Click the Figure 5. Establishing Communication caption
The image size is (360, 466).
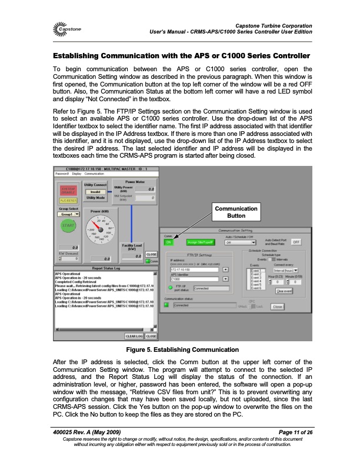(x=180, y=350)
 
